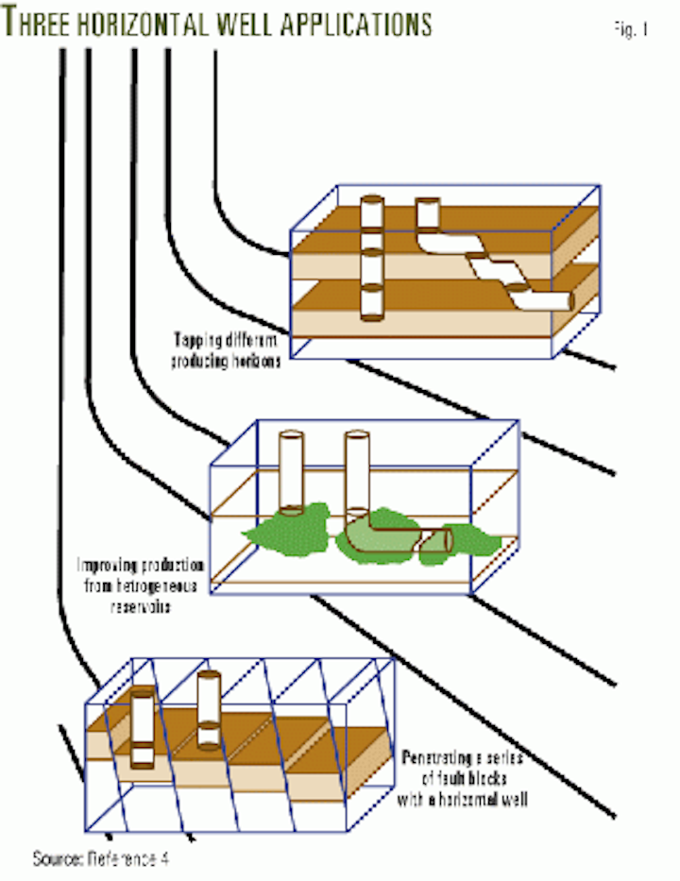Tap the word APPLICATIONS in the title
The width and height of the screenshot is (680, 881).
pyautogui.click(x=360, y=22)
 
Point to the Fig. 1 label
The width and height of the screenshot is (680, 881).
pyautogui.click(x=629, y=28)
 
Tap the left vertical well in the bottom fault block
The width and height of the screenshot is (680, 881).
pyautogui.click(x=143, y=727)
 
